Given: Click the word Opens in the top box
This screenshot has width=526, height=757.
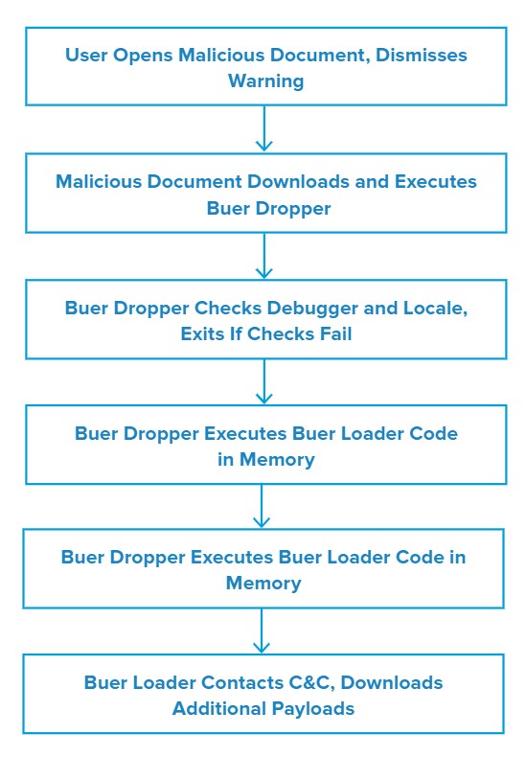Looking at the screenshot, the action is point(143,56).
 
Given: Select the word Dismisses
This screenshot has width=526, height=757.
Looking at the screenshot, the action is point(422,55).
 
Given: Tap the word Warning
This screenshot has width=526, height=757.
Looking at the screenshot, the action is point(266,81).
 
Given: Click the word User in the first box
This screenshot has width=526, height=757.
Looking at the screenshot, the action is point(86,55).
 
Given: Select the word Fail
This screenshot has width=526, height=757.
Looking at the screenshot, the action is point(336,333).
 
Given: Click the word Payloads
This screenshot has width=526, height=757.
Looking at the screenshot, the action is point(313,709).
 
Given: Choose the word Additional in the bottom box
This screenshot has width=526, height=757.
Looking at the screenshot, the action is point(219,708).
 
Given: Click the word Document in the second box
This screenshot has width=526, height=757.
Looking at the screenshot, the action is point(194,181).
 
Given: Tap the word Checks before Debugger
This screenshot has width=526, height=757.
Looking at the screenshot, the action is point(228,308).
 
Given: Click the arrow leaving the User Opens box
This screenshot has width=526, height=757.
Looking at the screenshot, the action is point(264,128).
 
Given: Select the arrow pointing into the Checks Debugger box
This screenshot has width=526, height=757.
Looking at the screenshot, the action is point(264,256).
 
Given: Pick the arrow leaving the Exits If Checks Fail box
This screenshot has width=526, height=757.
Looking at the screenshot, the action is point(264,381).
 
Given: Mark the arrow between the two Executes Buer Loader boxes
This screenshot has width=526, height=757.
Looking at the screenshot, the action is point(262,506).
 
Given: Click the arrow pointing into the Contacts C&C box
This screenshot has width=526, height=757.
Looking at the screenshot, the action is point(262,631).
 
